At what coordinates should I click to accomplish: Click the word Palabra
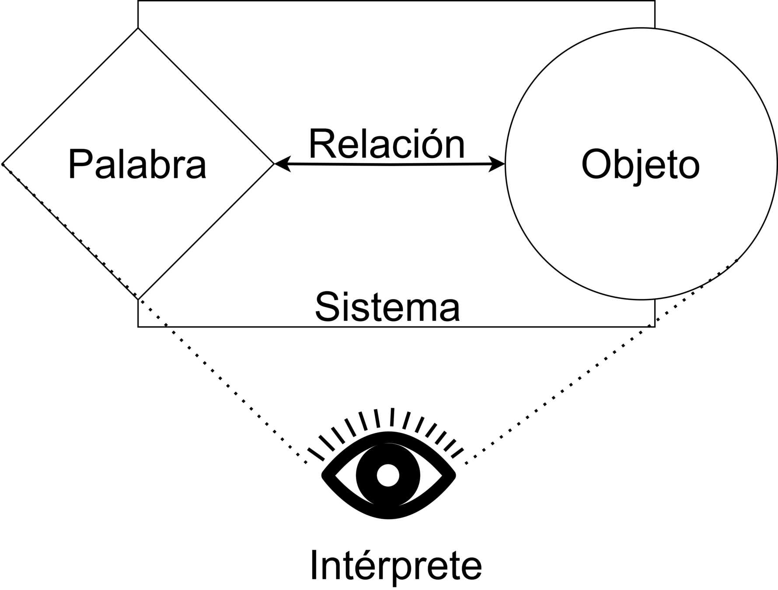click(x=137, y=165)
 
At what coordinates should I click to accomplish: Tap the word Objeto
click(x=640, y=165)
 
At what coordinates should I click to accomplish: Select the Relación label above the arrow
click(x=387, y=144)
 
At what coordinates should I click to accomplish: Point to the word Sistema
click(x=387, y=307)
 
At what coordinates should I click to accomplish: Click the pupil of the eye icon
click(x=388, y=475)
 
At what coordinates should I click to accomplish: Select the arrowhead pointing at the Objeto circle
click(x=499, y=164)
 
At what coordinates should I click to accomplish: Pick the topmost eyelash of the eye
click(x=392, y=417)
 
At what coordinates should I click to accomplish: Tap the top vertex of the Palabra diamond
click(x=138, y=29)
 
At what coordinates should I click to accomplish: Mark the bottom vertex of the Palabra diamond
click(x=138, y=299)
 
